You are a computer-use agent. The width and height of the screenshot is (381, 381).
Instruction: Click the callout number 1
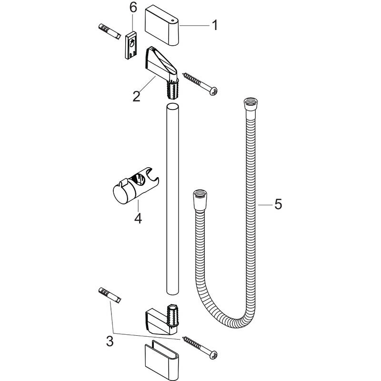(215, 25)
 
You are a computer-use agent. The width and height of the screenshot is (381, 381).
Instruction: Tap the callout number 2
(136, 96)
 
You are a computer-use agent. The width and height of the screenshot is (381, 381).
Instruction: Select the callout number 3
(110, 341)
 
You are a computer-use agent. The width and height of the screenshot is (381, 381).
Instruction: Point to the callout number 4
(138, 219)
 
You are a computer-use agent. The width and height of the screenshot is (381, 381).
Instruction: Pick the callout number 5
(278, 204)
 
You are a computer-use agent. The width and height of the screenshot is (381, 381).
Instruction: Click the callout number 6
(133, 8)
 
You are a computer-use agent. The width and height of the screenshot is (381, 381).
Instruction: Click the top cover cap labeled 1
(162, 26)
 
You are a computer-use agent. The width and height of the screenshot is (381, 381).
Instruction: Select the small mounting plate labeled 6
(131, 45)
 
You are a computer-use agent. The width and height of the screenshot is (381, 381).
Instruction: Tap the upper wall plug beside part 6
(110, 31)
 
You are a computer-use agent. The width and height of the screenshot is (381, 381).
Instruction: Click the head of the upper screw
(213, 91)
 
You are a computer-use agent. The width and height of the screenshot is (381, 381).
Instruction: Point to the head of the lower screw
(213, 355)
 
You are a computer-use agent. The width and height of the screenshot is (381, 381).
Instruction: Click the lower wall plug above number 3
(110, 295)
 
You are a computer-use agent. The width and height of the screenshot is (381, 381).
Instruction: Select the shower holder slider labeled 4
(136, 186)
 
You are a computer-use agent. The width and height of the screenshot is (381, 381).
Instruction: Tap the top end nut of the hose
(251, 105)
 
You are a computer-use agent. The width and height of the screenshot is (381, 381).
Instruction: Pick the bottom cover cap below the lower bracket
(161, 360)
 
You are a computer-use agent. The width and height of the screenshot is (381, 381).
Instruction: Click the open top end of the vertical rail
(172, 107)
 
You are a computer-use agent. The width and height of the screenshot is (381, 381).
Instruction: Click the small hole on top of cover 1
(172, 21)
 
